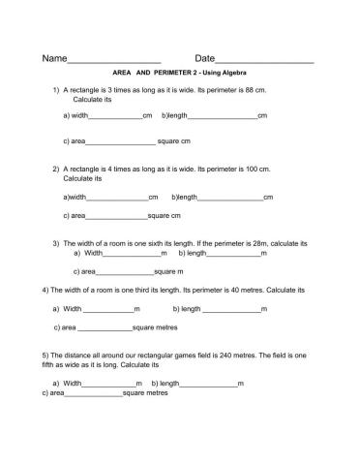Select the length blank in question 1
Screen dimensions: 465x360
[x=223, y=117]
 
